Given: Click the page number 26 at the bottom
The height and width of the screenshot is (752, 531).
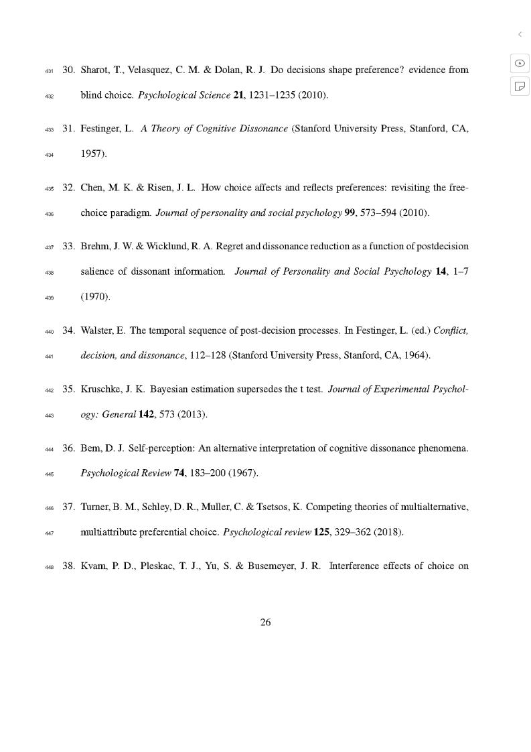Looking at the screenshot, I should [x=265, y=622].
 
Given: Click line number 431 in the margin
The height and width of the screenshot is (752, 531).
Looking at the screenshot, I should [x=50, y=70].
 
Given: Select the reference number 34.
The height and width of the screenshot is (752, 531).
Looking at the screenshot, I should [x=68, y=330].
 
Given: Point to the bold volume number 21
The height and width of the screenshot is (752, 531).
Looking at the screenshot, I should [x=238, y=95].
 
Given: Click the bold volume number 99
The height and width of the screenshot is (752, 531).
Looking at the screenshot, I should [x=349, y=213].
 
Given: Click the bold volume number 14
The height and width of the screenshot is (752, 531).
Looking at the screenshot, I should [x=441, y=271].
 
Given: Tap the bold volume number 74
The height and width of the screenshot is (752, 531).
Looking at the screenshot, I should [x=179, y=473].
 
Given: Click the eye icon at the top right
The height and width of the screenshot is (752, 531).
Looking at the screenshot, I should [x=520, y=63].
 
